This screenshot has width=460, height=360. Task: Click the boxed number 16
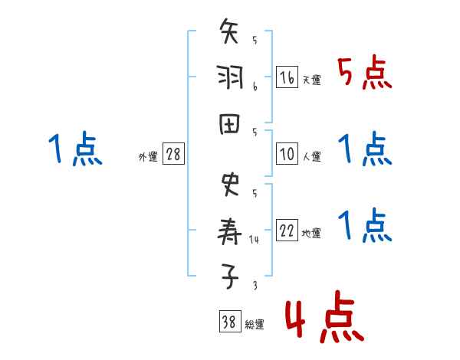point(287,78)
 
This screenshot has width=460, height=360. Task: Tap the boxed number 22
point(287,231)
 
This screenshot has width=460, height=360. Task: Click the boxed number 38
point(229,323)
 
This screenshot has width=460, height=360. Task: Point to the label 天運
point(311,80)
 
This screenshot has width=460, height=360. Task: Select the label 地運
point(311,233)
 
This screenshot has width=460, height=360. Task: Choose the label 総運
point(254,325)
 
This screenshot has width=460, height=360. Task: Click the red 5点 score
point(365,74)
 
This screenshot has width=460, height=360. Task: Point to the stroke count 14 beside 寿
point(255,240)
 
